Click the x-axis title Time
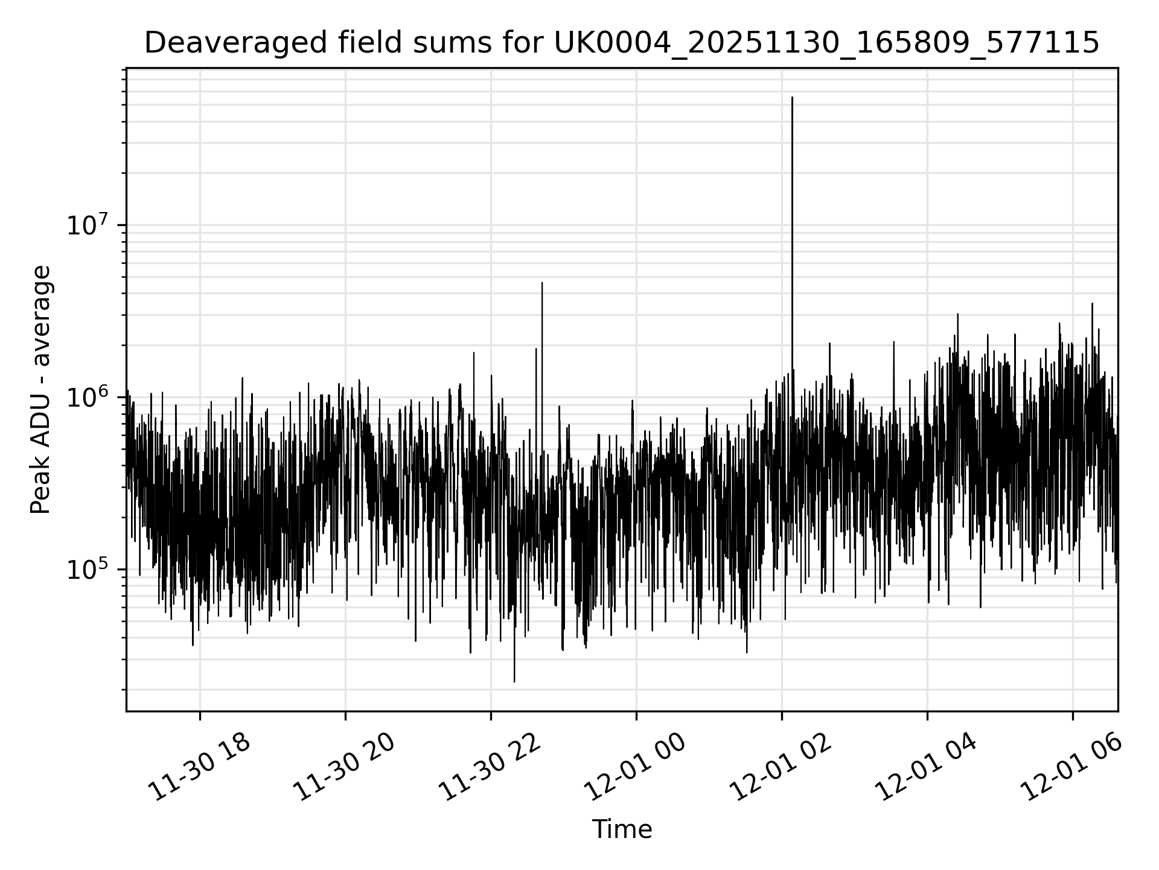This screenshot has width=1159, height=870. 622,830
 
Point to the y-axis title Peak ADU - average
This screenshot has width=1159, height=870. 41,390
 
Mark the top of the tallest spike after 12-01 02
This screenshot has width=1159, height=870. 792,97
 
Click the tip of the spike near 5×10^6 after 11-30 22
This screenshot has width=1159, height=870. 542,283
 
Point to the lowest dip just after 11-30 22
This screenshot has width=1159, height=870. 514,681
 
